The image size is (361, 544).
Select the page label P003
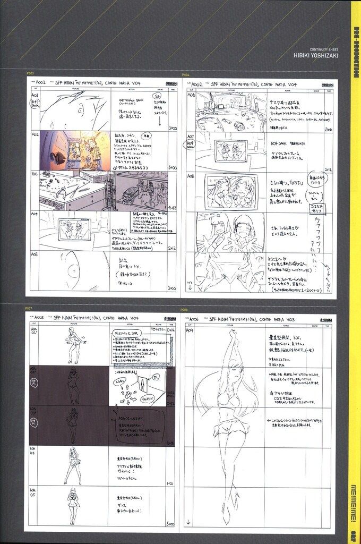pyautogui.click(x=30, y=74)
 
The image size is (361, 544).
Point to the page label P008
pyautogui.click(x=184, y=309)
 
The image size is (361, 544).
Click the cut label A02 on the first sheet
pyautogui.click(x=35, y=135)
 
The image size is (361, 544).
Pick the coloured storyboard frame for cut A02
pyautogui.click(x=74, y=150)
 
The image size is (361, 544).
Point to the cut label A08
pyautogui.click(x=191, y=175)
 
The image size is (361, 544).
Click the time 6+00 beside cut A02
pyautogui.click(x=171, y=167)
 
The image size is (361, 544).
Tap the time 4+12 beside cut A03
pyautogui.click(x=171, y=208)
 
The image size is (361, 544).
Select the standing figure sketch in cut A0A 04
pyautogui.click(x=73, y=465)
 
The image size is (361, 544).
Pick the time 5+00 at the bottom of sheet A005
pyautogui.click(x=170, y=523)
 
